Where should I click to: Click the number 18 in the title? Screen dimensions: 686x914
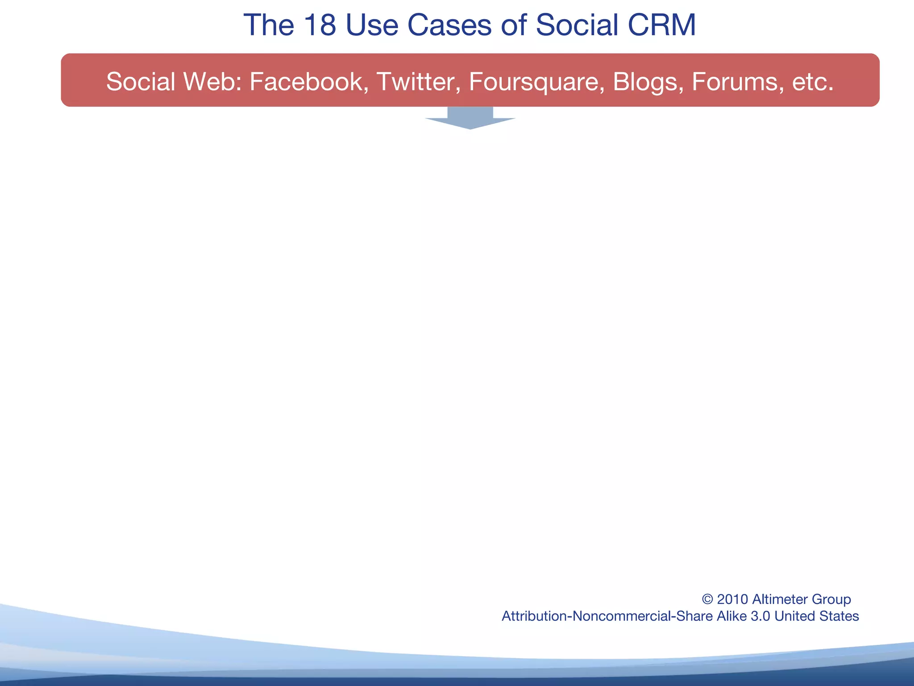(x=320, y=25)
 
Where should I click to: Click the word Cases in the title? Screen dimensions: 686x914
(x=449, y=25)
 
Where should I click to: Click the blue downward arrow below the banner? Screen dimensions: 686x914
(x=470, y=119)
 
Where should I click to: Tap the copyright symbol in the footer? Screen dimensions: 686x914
(x=707, y=599)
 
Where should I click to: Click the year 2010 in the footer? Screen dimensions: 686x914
(x=732, y=599)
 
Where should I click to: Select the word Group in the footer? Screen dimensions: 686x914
(x=833, y=600)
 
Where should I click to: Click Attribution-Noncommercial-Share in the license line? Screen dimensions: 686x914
(x=607, y=616)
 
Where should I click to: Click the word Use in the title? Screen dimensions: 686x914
(x=371, y=25)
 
